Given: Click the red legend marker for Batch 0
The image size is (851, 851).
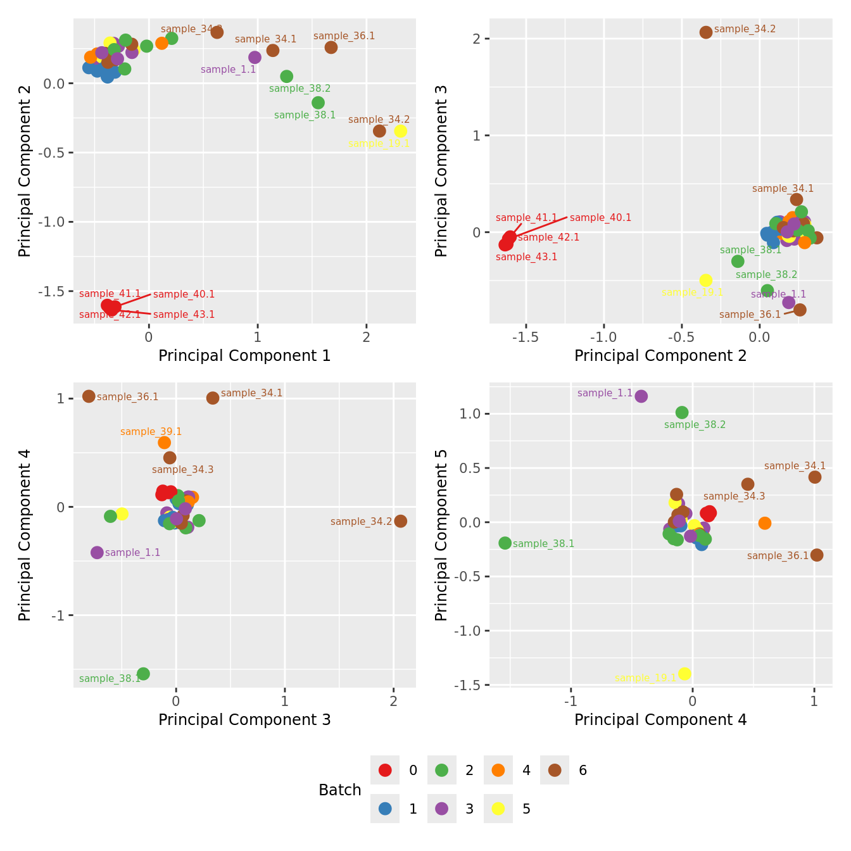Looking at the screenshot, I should (x=385, y=770).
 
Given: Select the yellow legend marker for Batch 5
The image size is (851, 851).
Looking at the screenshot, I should (x=498, y=809).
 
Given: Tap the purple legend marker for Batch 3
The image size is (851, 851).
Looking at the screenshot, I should (x=442, y=809).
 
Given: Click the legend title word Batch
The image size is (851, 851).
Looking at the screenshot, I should (x=340, y=790).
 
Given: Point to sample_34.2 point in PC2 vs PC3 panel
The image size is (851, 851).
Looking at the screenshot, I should (x=706, y=32).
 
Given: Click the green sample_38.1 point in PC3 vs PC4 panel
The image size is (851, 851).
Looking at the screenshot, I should (x=143, y=674).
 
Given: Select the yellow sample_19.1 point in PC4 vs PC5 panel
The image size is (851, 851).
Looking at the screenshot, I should (x=684, y=674).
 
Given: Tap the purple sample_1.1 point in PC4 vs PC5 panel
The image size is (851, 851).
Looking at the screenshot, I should (x=641, y=396).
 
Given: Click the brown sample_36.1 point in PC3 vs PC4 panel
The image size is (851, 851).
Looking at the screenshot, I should (x=89, y=396).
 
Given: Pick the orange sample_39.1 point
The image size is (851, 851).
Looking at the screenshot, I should (x=164, y=443).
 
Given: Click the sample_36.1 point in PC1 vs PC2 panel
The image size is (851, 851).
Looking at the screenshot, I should (x=331, y=47).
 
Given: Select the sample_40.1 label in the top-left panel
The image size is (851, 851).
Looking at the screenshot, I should (x=184, y=294).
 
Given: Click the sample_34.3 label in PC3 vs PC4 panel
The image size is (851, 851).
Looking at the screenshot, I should (x=182, y=470).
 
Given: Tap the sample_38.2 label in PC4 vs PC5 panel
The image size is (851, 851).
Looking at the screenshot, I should (x=695, y=425).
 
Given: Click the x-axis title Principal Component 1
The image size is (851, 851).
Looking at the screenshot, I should (x=244, y=356).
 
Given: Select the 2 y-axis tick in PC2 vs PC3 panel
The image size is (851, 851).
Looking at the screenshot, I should (x=477, y=39).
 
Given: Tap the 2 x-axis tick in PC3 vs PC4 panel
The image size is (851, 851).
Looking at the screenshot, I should (x=394, y=702).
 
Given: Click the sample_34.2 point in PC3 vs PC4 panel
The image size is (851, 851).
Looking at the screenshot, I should (x=400, y=521).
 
